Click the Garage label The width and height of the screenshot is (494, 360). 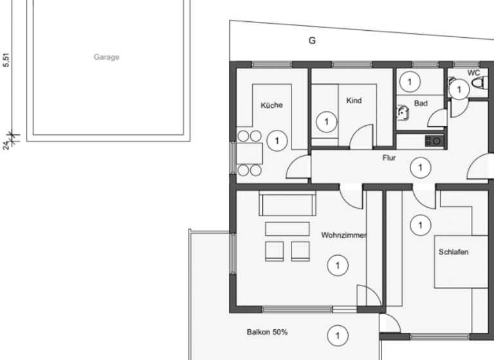[x=107, y=57]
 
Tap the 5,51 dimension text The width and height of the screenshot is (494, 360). [x=6, y=60]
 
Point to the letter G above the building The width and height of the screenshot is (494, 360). [x=312, y=40]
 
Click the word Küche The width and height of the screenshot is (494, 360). [x=271, y=105]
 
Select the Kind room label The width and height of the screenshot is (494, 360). [x=354, y=100]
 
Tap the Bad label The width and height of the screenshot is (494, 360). [x=421, y=104]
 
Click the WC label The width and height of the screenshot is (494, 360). [x=473, y=73]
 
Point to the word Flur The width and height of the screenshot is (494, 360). [x=389, y=157]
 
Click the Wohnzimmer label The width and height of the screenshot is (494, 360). [x=343, y=235]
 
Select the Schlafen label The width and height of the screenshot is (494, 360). [x=453, y=252]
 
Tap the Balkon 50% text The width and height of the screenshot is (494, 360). [x=267, y=332]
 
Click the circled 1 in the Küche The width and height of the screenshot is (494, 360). [x=277, y=141]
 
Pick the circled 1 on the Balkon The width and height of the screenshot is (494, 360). [x=338, y=336]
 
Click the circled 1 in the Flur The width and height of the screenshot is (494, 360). [x=420, y=168]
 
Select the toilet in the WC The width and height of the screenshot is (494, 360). [x=478, y=84]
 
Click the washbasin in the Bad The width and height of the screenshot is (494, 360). [x=403, y=113]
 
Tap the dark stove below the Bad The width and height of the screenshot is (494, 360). [x=434, y=141]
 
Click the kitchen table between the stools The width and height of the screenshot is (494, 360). [x=250, y=154]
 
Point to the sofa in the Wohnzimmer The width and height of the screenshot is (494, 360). [x=288, y=204]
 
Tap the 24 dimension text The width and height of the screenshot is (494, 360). [x=6, y=145]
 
